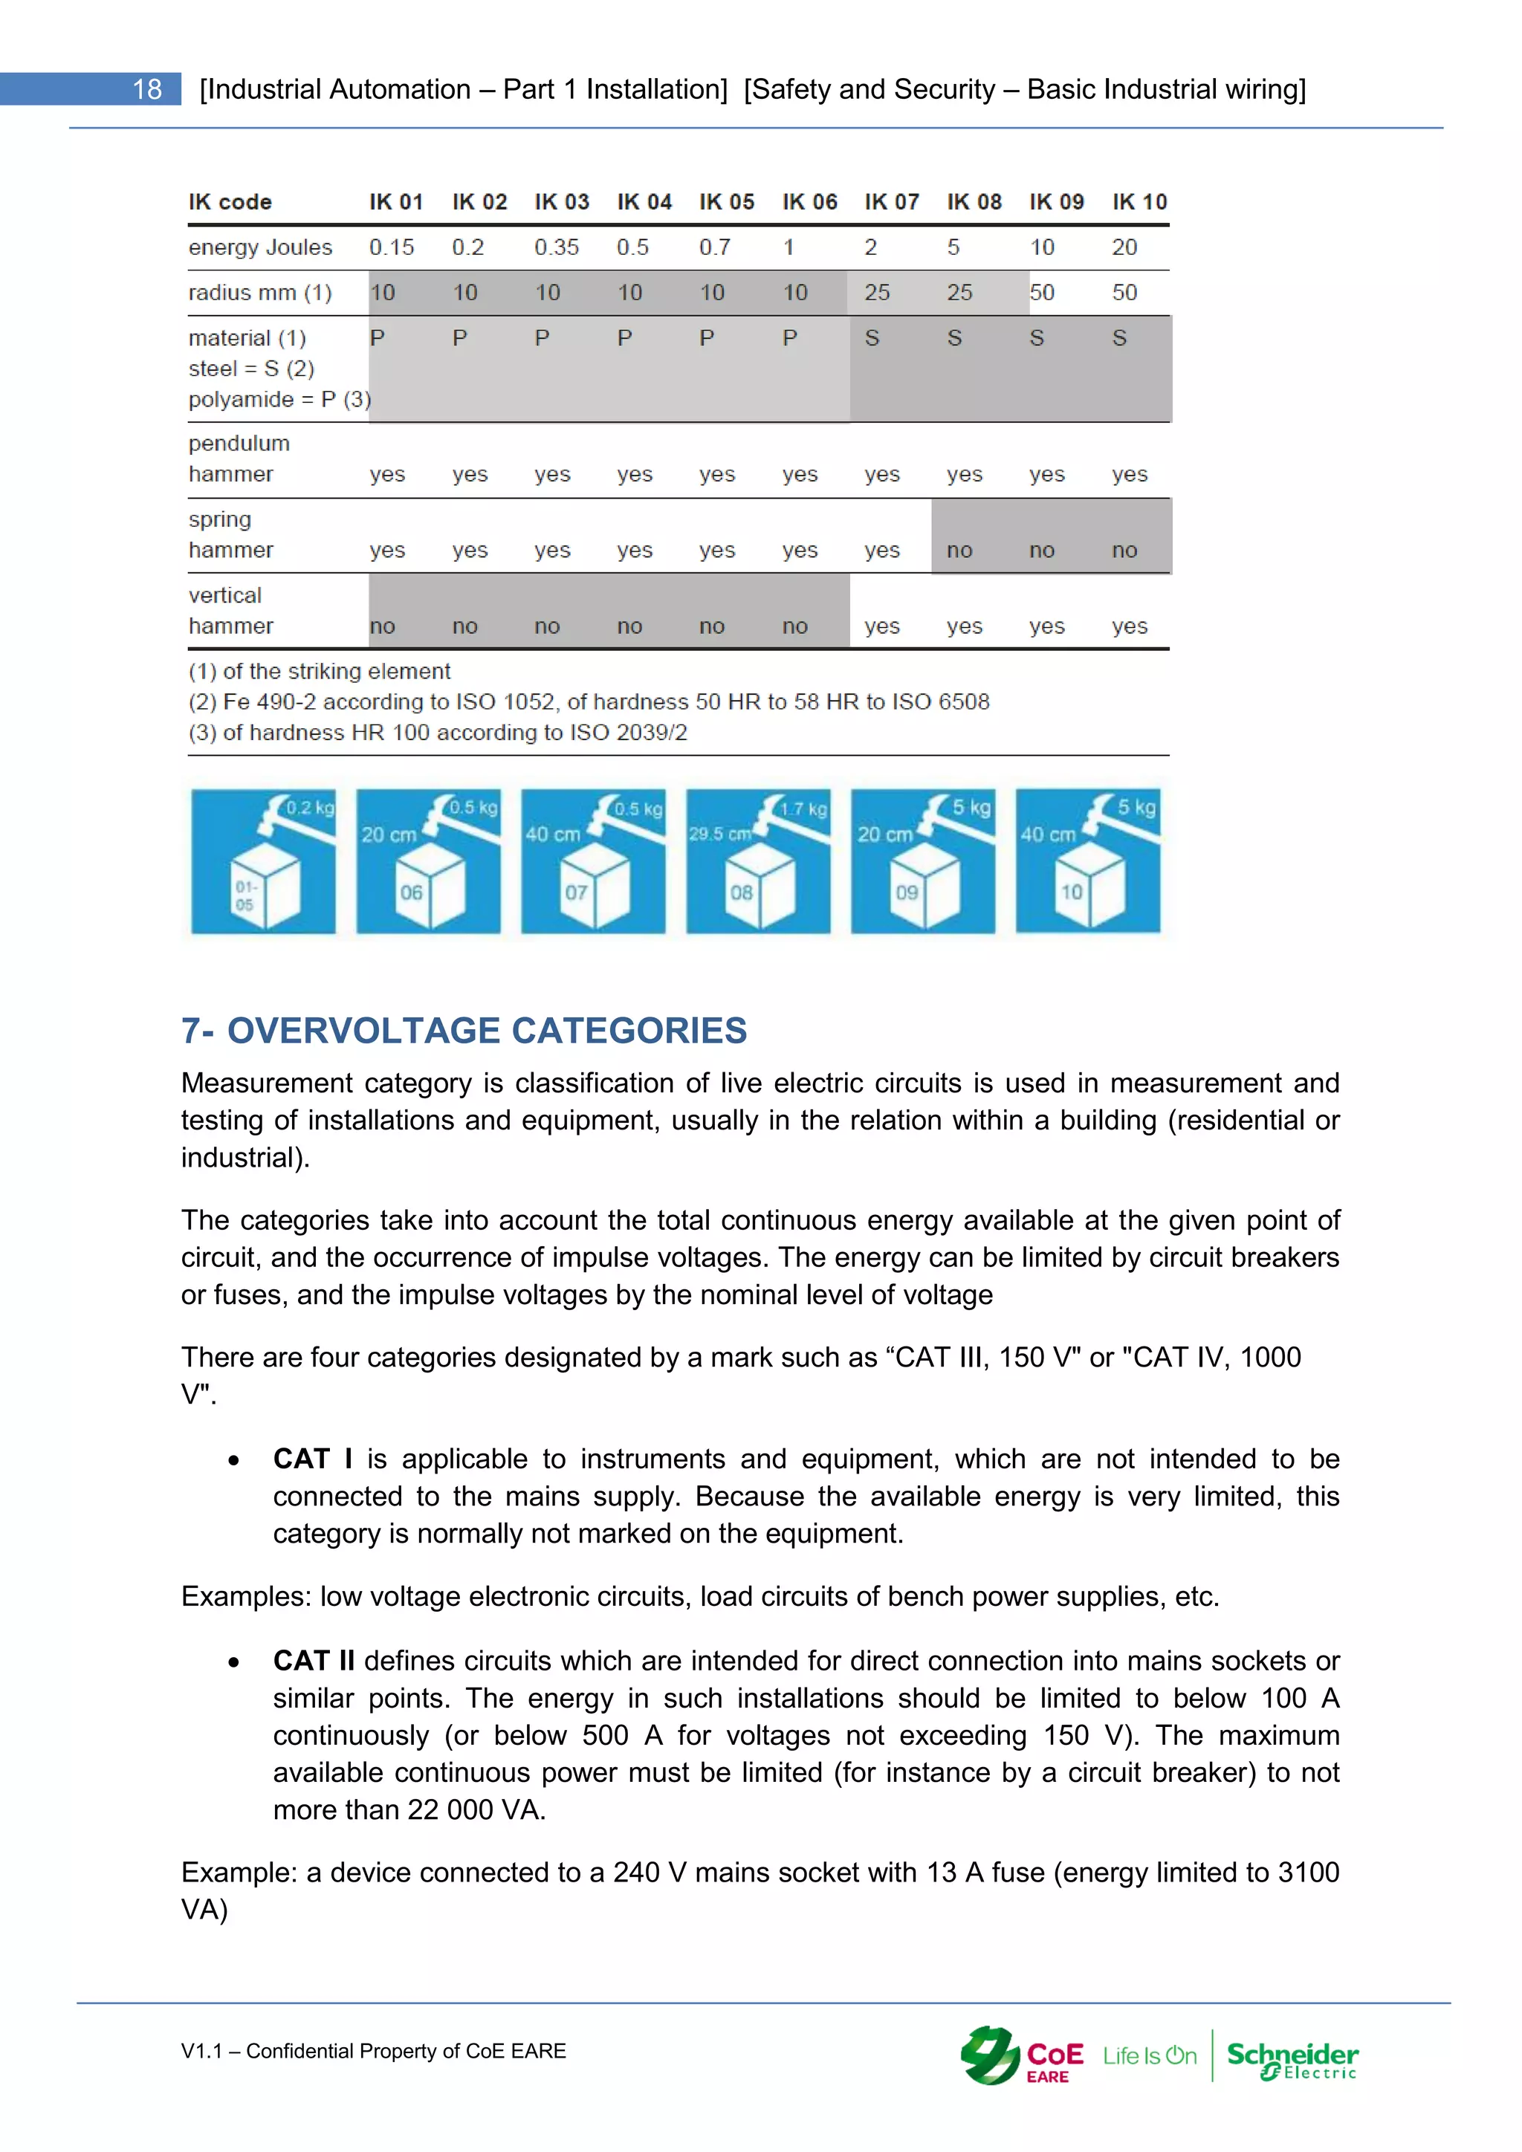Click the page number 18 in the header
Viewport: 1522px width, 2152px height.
pyautogui.click(x=147, y=89)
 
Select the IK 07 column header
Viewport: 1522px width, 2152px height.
pyautogui.click(x=891, y=201)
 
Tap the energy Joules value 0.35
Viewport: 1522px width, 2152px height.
pyautogui.click(x=557, y=247)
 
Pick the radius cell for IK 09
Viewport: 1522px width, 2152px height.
pyautogui.click(x=1042, y=293)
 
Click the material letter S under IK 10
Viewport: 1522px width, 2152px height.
pyautogui.click(x=1119, y=338)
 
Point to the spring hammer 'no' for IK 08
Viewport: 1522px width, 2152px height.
pyautogui.click(x=959, y=550)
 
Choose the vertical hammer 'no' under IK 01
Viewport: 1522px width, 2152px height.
pyautogui.click(x=383, y=626)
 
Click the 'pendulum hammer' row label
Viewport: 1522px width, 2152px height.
pyautogui.click(x=239, y=458)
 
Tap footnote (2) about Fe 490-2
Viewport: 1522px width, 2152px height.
pyautogui.click(x=589, y=702)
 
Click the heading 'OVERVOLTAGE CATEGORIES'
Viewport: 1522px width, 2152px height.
pyautogui.click(x=487, y=1030)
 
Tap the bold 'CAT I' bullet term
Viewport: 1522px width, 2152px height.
pyautogui.click(x=312, y=1459)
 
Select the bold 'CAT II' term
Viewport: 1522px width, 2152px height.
pyautogui.click(x=314, y=1661)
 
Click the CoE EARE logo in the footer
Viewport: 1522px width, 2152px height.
pyautogui.click(x=1023, y=2056)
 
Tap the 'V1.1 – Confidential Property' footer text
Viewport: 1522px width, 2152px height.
pyautogui.click(x=373, y=2051)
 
